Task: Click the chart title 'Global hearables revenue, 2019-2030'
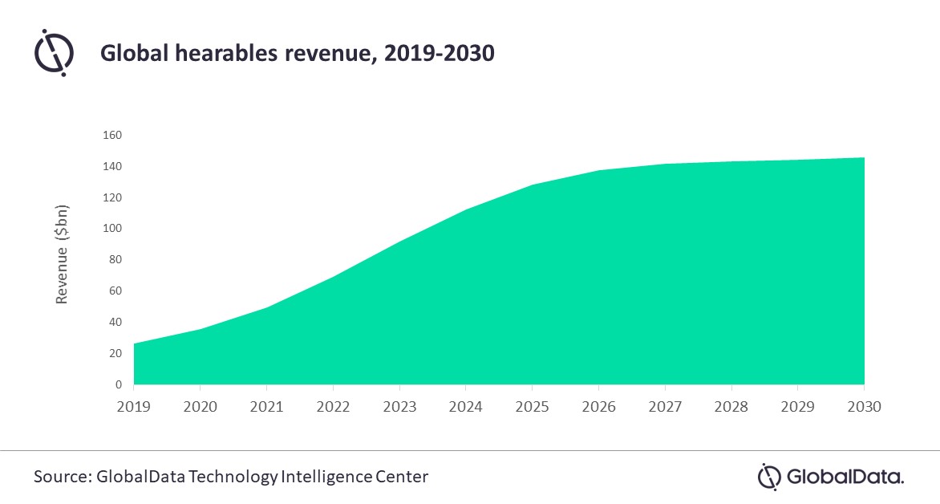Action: [x=297, y=55]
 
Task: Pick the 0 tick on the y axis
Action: [x=117, y=384]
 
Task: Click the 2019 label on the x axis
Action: [x=134, y=407]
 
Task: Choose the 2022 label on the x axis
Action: [x=334, y=407]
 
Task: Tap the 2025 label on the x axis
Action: [x=533, y=407]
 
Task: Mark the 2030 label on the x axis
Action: [x=865, y=407]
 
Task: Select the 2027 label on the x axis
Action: [x=665, y=407]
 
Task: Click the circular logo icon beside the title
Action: [x=55, y=52]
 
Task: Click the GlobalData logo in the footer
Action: [x=831, y=477]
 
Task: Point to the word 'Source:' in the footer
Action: [x=62, y=477]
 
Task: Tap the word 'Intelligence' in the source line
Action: [x=326, y=477]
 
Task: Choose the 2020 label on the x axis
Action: [x=201, y=407]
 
